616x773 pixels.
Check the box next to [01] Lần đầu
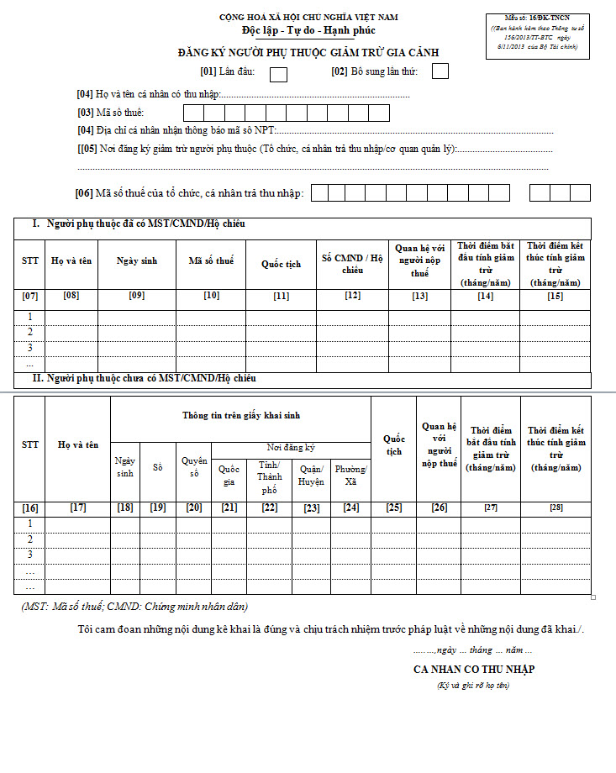(x=278, y=73)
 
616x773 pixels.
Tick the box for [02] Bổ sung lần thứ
(x=440, y=71)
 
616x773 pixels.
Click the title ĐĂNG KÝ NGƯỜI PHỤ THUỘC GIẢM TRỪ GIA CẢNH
(x=308, y=53)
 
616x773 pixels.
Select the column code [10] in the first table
(x=211, y=296)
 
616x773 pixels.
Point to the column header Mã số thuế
(x=211, y=261)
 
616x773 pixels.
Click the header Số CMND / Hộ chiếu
(x=352, y=264)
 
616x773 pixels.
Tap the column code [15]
(x=555, y=296)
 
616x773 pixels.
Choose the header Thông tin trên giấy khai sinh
(x=241, y=415)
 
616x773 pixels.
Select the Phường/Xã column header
(x=350, y=476)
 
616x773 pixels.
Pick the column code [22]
(x=269, y=507)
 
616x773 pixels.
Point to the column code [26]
(x=439, y=507)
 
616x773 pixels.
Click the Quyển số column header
(x=194, y=467)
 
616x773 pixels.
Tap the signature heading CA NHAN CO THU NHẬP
(x=474, y=670)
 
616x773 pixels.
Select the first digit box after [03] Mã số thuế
(x=193, y=113)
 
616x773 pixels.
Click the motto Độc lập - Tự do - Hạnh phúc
(x=308, y=31)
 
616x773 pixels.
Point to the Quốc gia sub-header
(x=229, y=476)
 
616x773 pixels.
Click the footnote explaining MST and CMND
(x=134, y=606)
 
